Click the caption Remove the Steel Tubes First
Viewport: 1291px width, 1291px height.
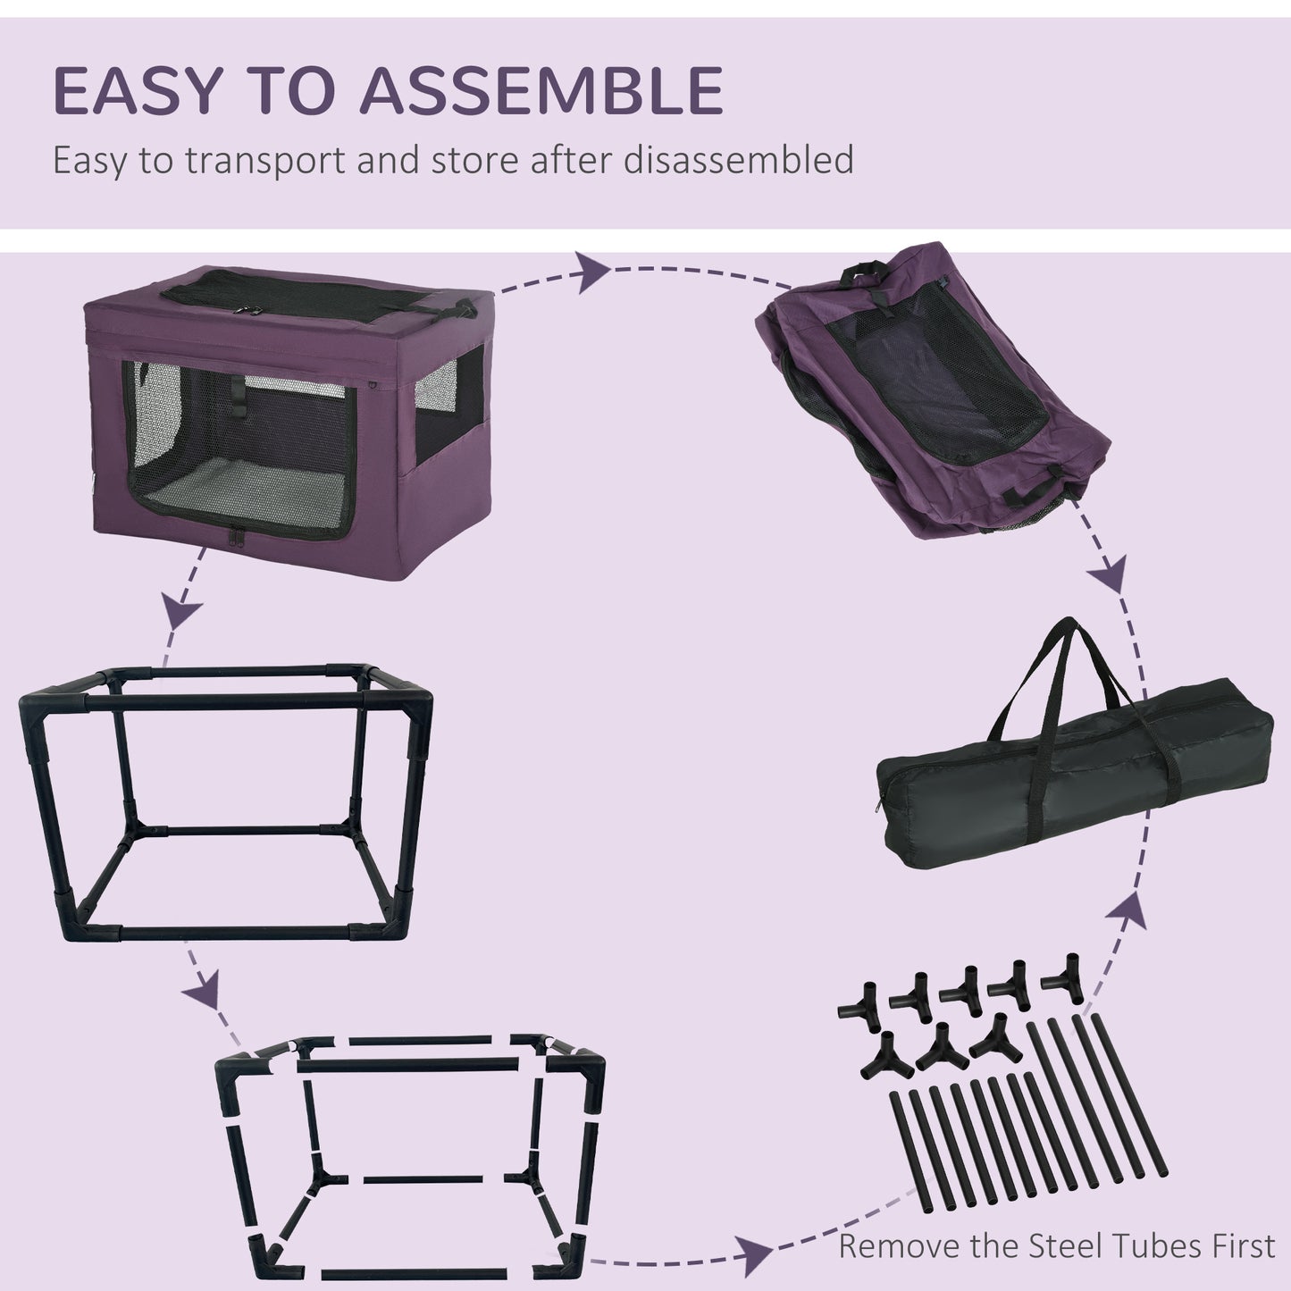[1056, 1245]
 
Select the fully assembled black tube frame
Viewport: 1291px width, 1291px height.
[223, 804]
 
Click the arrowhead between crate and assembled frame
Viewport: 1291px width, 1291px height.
[183, 614]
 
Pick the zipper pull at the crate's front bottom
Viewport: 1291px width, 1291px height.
[239, 541]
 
